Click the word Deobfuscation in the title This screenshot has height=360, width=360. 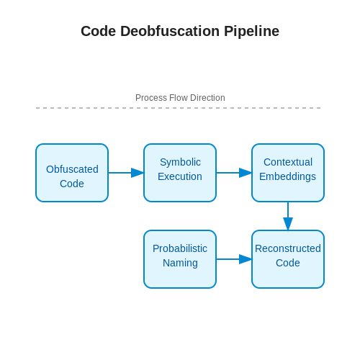[170, 31]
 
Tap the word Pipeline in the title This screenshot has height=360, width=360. [251, 32]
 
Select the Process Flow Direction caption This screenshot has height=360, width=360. [180, 98]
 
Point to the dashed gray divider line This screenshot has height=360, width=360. [179, 108]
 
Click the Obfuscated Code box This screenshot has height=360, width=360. [72, 173]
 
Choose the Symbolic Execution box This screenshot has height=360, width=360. [180, 173]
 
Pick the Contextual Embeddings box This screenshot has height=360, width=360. [288, 173]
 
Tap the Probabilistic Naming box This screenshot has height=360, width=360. [180, 259]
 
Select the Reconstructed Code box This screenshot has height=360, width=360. [288, 259]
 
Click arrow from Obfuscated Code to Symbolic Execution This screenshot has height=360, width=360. [126, 173]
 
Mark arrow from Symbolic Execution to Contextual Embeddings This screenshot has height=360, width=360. [234, 173]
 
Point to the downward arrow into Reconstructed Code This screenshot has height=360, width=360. [288, 216]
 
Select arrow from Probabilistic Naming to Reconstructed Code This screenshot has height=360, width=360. [234, 259]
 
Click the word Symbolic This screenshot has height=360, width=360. [180, 162]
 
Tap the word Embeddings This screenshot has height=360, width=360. [287, 177]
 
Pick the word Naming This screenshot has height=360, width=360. [180, 264]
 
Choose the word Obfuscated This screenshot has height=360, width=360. [72, 169]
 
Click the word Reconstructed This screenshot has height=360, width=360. [288, 248]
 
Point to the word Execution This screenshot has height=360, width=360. [180, 176]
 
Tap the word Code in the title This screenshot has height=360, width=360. [99, 31]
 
